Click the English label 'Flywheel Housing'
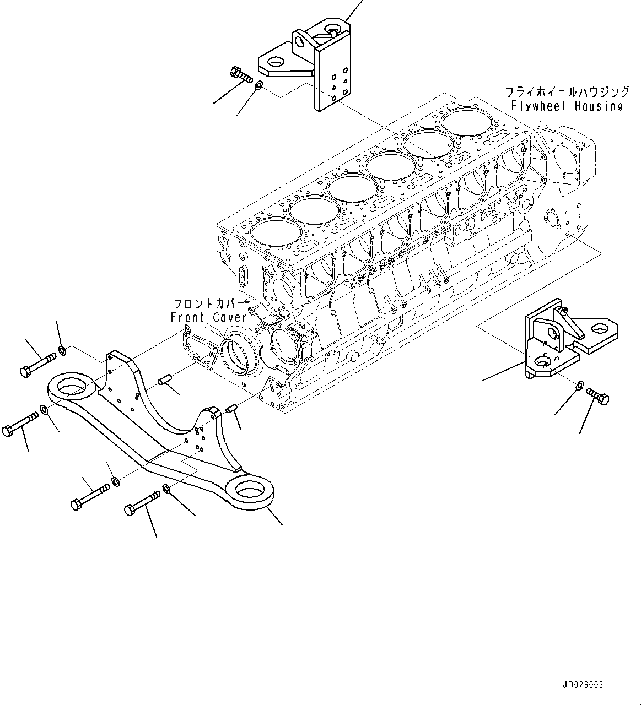[567, 106]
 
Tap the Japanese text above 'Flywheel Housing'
[567, 91]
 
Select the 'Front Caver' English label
[209, 318]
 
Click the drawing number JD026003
[583, 685]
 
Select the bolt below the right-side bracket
[597, 394]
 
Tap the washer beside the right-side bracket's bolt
[579, 386]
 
